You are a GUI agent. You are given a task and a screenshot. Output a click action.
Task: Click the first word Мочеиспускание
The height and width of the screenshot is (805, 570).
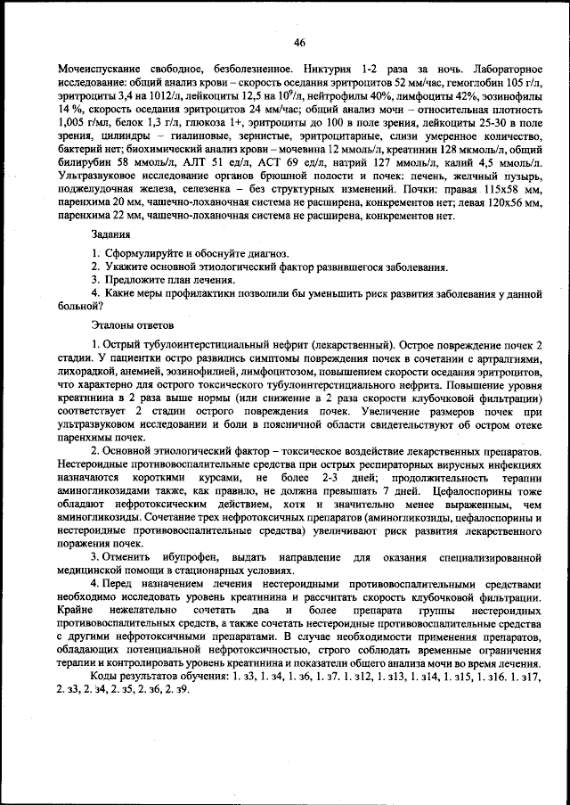(100, 69)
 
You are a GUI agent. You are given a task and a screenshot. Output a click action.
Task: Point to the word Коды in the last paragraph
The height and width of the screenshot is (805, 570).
(104, 676)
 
